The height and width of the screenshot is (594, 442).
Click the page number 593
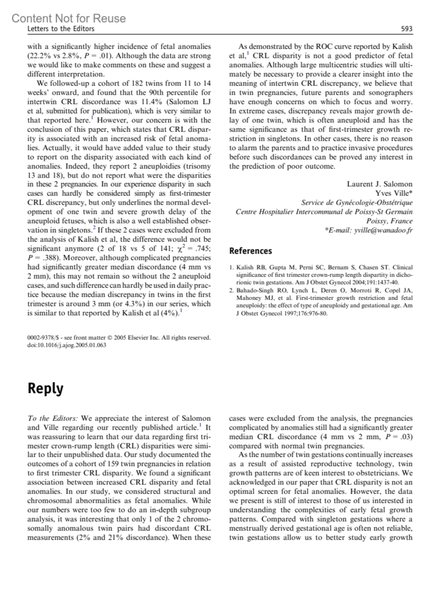point(407,29)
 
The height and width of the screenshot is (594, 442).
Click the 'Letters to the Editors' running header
point(61,29)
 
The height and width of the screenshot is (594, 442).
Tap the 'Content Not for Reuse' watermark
point(69,18)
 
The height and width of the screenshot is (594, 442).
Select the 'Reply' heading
point(45,389)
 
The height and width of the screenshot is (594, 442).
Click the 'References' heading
point(250,251)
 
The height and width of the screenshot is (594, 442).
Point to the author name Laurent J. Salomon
point(379,184)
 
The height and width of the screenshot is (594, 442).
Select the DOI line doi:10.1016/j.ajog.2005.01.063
point(67,345)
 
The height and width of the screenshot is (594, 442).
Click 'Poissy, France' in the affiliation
point(389,221)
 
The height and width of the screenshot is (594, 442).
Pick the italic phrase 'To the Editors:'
point(52,418)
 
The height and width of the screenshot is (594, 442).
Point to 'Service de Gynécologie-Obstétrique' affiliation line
point(357,203)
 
